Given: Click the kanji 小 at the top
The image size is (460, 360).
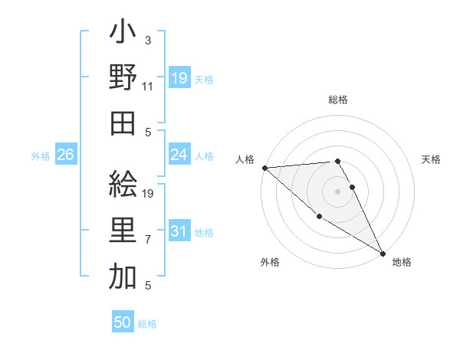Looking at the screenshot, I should [x=123, y=34].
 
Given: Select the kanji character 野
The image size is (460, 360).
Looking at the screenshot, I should [x=123, y=80].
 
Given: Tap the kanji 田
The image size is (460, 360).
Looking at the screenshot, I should [x=123, y=124].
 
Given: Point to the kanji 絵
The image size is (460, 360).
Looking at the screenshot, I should [x=123, y=186].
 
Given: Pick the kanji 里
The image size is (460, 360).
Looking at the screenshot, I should [x=123, y=231].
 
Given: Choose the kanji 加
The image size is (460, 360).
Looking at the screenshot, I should [x=123, y=277].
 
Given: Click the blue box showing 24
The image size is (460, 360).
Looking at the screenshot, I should [x=179, y=155].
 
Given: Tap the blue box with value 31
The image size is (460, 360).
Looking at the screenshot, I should [x=179, y=232].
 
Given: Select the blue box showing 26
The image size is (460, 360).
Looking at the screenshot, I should [x=65, y=155].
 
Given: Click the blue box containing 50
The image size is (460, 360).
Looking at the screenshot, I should [x=123, y=322].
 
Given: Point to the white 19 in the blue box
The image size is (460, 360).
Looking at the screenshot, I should [x=179, y=77].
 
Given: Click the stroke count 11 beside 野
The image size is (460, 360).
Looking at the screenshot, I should [x=148, y=87].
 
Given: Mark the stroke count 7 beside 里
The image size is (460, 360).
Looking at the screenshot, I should [x=148, y=240].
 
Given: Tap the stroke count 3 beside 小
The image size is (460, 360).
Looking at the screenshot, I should [x=148, y=40].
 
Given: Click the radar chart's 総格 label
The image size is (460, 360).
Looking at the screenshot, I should [x=338, y=100].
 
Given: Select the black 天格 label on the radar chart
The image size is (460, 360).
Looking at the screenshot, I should [x=431, y=159].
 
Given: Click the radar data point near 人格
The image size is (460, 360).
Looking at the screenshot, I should [x=264, y=167].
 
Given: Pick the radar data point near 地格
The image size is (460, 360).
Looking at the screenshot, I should [x=383, y=252].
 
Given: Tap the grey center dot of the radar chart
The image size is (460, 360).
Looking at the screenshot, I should [x=338, y=191].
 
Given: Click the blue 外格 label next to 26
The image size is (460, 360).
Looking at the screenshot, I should [x=41, y=155].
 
